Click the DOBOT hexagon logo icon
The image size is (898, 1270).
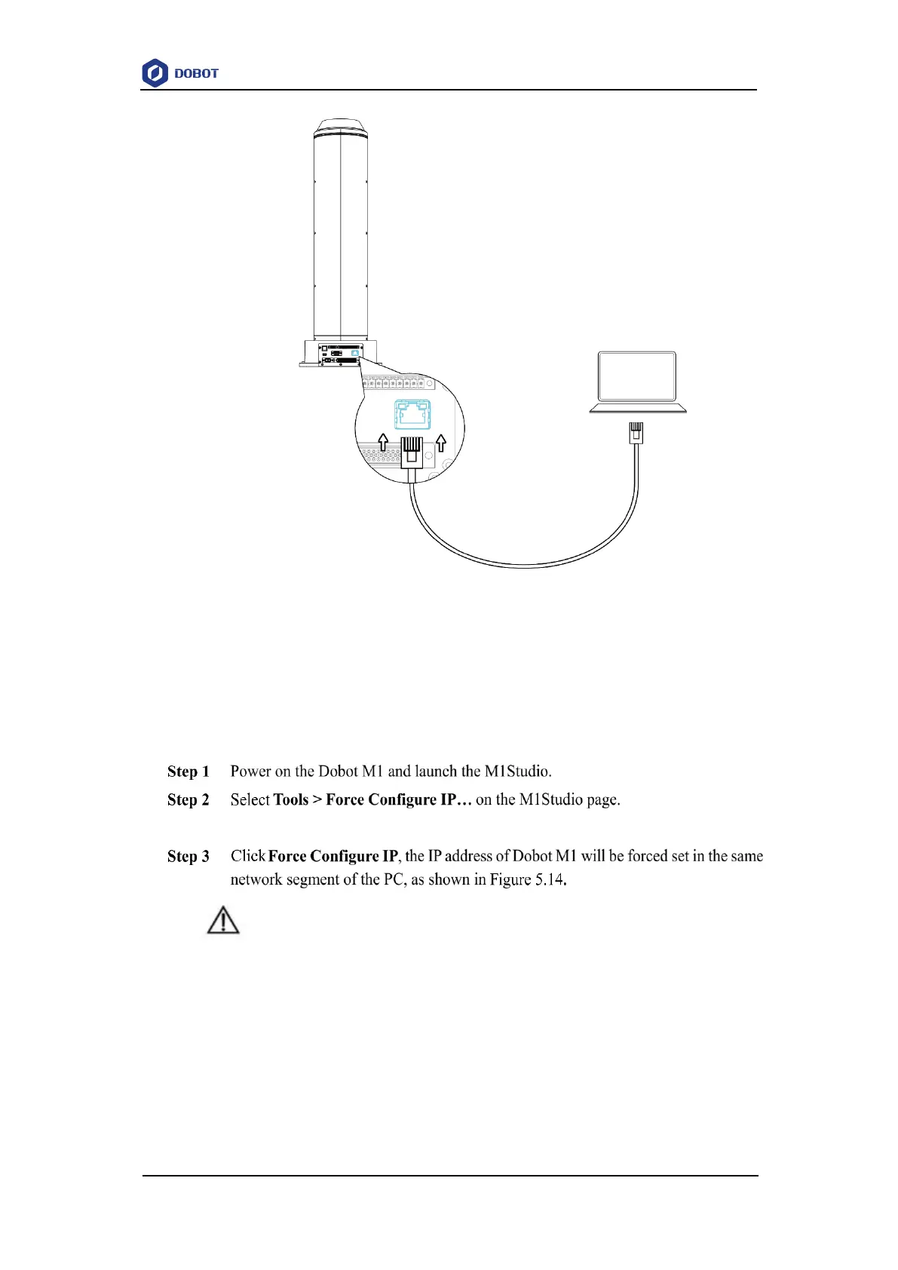pos(155,73)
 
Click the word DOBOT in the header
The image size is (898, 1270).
pos(196,74)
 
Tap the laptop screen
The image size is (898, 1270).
pos(636,376)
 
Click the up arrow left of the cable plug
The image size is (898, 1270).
pos(383,443)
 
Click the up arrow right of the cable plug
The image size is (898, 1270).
pos(441,443)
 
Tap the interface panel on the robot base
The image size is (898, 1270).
pos(341,354)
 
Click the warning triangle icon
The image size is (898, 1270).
pos(223,921)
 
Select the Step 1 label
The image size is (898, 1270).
pos(188,772)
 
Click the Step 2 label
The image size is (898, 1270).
pos(188,800)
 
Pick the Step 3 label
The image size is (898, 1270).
pos(188,857)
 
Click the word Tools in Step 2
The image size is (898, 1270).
pos(290,800)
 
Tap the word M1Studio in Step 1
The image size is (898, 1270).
pos(517,772)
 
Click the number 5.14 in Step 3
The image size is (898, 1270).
pos(549,880)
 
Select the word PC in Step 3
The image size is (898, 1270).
pos(394,880)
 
